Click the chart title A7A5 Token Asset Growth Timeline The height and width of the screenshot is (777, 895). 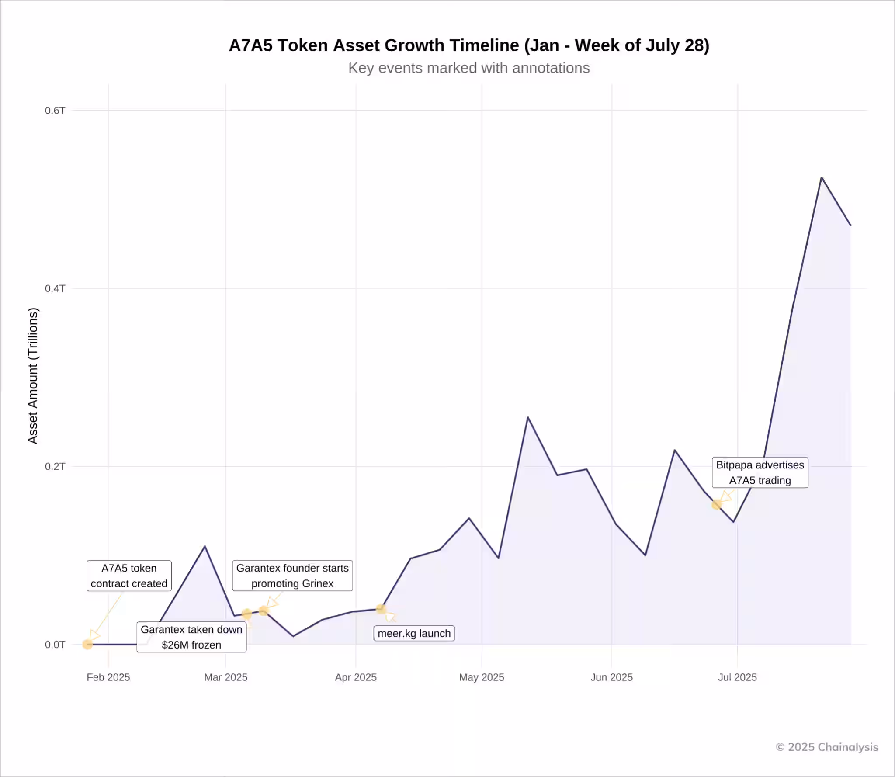[469, 45]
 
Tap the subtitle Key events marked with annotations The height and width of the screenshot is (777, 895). [469, 68]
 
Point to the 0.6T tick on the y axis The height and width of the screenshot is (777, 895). [55, 111]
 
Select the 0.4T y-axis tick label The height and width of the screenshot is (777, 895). [55, 288]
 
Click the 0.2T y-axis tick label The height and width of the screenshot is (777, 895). [55, 466]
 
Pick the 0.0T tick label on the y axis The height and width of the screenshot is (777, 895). [55, 645]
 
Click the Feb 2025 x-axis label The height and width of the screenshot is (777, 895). [108, 677]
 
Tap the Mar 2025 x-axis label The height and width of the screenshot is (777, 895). [225, 677]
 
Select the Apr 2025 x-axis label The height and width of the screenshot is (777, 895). [356, 677]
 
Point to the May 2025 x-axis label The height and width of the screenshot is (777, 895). [482, 677]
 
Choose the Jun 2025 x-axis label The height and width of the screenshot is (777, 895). [611, 677]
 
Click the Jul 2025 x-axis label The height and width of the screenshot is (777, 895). [737, 677]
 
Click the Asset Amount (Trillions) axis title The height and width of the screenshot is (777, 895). [33, 376]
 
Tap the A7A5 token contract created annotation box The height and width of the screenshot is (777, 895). [129, 576]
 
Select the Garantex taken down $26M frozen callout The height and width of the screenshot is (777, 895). [191, 637]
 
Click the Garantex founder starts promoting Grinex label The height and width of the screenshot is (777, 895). [292, 576]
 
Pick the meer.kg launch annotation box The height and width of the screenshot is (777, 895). [414, 634]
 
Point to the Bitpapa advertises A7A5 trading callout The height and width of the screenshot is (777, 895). [760, 472]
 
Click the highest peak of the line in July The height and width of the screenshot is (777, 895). [822, 177]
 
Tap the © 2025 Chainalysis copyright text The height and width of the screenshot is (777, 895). [827, 747]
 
